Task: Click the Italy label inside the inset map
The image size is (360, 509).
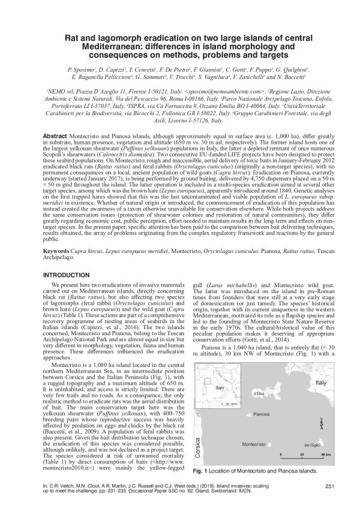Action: tap(220, 371)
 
